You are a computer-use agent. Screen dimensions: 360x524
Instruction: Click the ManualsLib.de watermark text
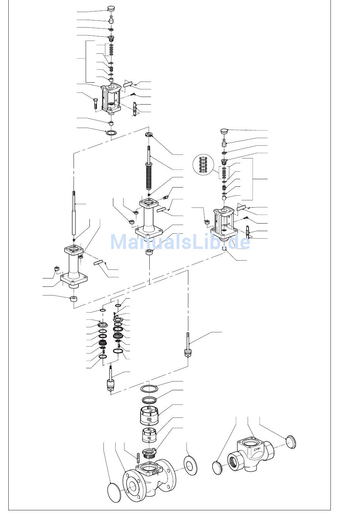tap(180, 242)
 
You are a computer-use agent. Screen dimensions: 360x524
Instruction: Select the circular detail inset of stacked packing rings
tap(203, 165)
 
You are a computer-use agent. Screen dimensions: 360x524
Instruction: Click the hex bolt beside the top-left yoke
tap(95, 103)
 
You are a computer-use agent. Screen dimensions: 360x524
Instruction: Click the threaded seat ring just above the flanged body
tap(149, 454)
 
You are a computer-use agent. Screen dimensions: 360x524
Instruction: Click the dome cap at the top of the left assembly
tap(111, 8)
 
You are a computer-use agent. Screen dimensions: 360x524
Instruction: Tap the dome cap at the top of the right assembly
tap(224, 131)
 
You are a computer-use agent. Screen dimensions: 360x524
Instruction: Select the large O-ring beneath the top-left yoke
tap(111, 133)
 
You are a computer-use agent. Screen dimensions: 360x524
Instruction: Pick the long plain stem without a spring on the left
tap(74, 213)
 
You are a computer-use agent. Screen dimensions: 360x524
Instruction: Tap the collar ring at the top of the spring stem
tap(149, 134)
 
